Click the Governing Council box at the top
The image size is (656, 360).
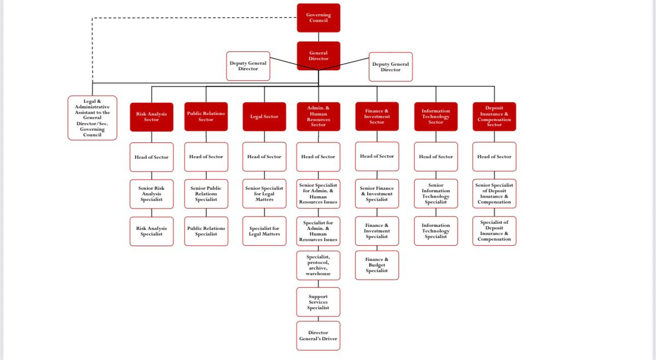point(318,18)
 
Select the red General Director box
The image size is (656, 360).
point(318,56)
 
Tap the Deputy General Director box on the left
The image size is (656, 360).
point(248,66)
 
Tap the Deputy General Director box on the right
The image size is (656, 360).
point(391,67)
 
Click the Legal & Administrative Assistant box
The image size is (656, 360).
point(92,118)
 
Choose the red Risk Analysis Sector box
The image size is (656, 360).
point(152,117)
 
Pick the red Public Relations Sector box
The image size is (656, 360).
point(206,116)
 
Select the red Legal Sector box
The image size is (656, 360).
point(264,116)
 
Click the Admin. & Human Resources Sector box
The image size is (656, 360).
point(318,116)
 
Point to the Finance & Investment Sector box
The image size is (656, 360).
point(377,116)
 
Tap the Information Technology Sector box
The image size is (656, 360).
point(436,116)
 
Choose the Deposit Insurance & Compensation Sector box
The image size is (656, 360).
point(494,116)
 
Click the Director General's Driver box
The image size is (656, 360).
point(318,336)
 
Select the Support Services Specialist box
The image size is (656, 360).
point(318,302)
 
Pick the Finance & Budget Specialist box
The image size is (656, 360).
point(377,265)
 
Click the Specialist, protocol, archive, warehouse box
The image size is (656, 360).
point(318,265)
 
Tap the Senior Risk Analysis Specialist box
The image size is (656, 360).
point(152,194)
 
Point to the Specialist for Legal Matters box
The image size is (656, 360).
point(264,231)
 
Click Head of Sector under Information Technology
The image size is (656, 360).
point(436,157)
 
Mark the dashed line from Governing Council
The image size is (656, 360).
point(193,18)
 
